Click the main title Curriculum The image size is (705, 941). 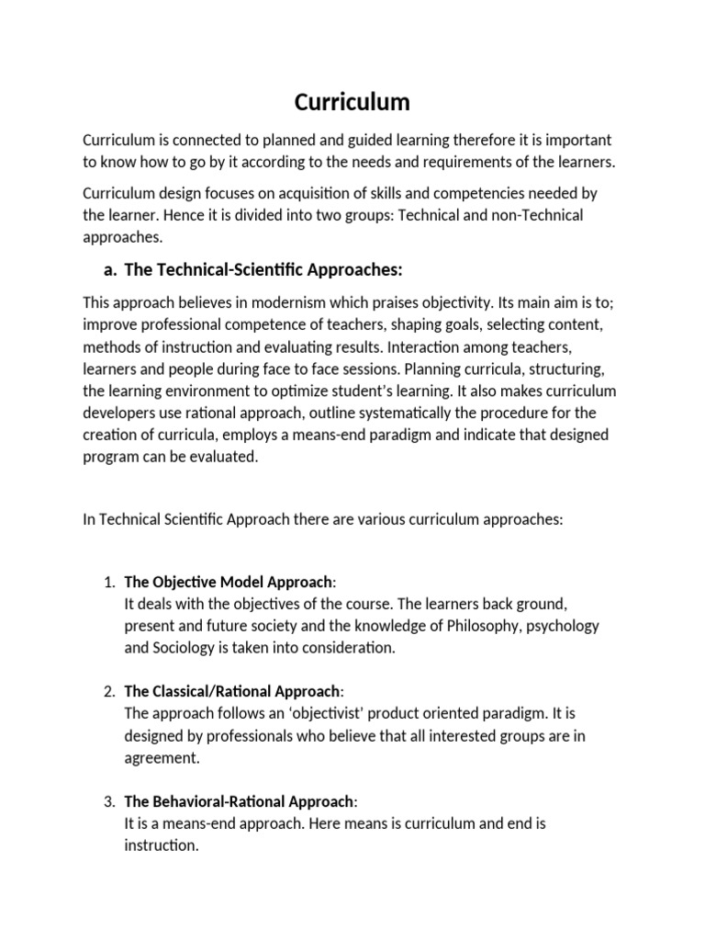coord(352,102)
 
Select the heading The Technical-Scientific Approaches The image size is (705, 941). coord(263,269)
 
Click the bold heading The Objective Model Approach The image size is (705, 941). coord(229,582)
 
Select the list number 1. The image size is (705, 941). coord(108,582)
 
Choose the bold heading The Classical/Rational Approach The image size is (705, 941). coord(232,691)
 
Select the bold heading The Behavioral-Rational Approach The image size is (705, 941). coord(237,801)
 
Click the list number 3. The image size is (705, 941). coord(108,801)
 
